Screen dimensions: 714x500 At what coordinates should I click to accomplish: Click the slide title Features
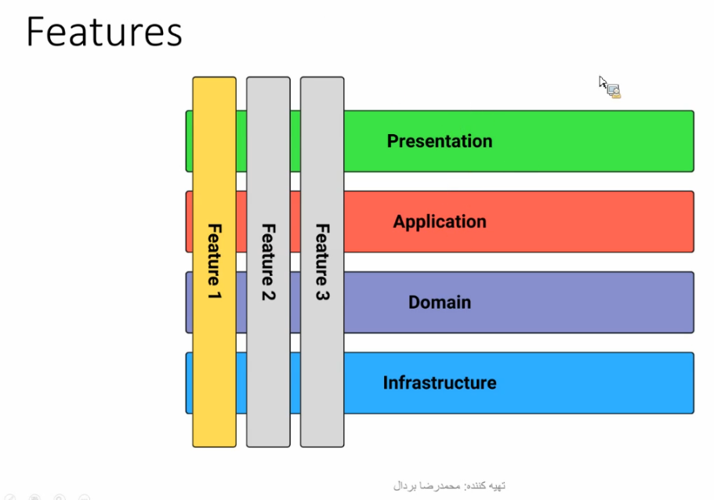click(104, 32)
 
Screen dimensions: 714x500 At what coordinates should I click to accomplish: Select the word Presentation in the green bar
click(440, 141)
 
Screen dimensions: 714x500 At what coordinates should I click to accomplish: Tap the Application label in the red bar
click(440, 222)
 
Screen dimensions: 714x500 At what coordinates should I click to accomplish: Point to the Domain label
click(440, 303)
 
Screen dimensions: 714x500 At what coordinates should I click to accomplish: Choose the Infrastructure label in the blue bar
click(440, 383)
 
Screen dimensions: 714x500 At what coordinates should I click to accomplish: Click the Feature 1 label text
click(215, 262)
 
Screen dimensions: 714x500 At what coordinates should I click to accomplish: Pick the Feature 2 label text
click(268, 262)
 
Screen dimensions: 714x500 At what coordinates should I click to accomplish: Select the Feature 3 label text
click(322, 262)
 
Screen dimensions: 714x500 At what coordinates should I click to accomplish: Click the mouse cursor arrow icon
click(603, 83)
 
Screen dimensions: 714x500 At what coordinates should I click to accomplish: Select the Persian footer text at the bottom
click(449, 487)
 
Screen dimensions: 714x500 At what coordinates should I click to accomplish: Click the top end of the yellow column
click(215, 78)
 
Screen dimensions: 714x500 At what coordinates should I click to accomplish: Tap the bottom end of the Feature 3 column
click(322, 446)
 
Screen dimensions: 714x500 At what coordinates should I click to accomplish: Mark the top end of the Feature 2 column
click(268, 78)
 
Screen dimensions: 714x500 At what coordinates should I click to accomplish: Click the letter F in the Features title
click(35, 32)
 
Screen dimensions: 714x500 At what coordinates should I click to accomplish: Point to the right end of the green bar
click(694, 141)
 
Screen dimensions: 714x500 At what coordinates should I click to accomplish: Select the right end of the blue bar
click(694, 383)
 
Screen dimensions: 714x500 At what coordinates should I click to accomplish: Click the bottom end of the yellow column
click(215, 446)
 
